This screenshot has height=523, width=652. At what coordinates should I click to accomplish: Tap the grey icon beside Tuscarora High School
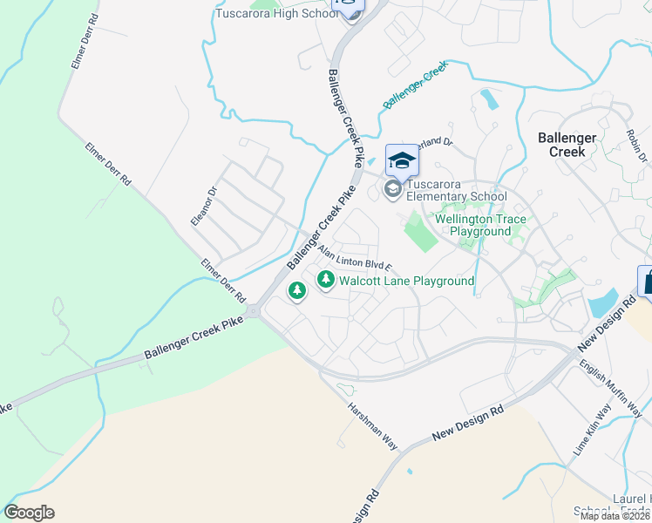352,15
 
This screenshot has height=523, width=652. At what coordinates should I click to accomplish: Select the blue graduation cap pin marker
402,160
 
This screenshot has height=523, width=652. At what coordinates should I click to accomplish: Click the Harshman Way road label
372,426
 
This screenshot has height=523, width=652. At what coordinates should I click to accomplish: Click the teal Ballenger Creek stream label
415,85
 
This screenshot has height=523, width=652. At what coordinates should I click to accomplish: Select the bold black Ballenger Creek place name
567,145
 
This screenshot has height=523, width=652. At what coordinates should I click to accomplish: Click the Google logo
29,513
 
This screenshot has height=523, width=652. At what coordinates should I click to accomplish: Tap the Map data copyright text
615,516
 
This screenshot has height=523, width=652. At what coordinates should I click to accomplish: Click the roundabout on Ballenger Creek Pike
254,311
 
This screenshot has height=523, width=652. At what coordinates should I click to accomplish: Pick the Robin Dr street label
637,145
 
